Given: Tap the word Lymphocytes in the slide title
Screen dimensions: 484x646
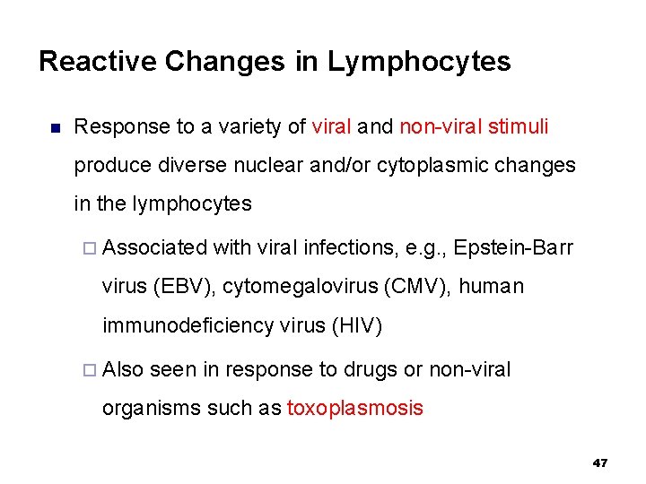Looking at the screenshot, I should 419,62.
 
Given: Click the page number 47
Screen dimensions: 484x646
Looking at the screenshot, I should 600,463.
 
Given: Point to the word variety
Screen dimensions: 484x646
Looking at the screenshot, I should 245,127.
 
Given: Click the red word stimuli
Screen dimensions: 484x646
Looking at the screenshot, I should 519,127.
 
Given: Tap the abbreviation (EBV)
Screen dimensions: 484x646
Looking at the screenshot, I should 184,286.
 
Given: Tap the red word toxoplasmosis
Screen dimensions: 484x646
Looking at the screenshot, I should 354,409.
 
